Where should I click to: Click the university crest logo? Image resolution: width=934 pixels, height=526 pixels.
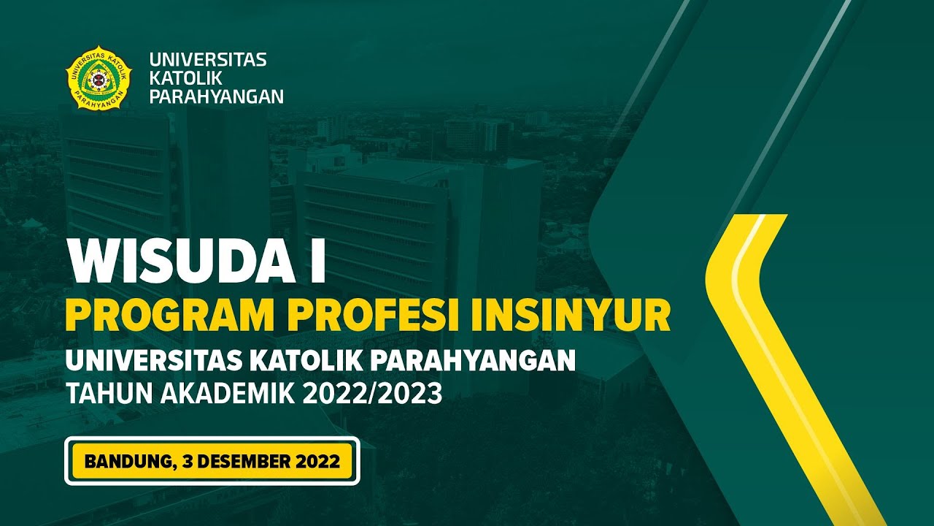(x=99, y=78)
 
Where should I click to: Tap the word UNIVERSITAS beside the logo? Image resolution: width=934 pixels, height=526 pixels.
(x=208, y=60)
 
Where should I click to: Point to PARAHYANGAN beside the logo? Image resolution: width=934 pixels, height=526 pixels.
(x=216, y=96)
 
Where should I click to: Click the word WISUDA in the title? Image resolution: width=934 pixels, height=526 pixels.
(x=178, y=260)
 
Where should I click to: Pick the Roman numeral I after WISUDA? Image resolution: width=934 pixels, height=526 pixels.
(x=317, y=260)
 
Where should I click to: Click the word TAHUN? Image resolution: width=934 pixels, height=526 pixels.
(x=101, y=394)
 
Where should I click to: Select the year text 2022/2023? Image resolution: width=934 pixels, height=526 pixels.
(x=384, y=394)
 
